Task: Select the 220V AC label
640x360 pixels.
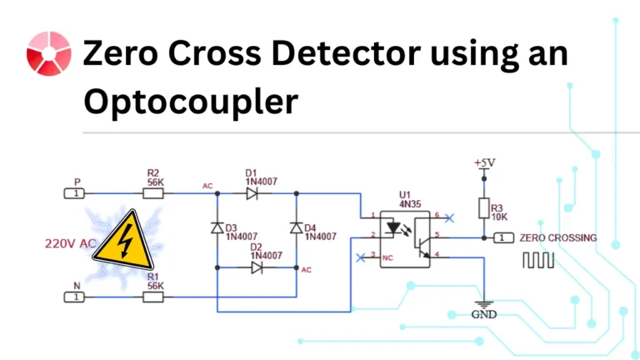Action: coord(70,245)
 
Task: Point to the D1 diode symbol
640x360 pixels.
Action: coord(252,193)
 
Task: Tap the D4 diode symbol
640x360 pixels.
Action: coord(296,228)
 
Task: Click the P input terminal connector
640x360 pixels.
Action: coord(74,193)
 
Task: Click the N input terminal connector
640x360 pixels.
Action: coord(74,296)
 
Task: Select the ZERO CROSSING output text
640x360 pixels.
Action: coord(557,237)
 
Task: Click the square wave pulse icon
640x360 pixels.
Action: coord(537,260)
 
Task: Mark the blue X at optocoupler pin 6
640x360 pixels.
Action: coord(450,217)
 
